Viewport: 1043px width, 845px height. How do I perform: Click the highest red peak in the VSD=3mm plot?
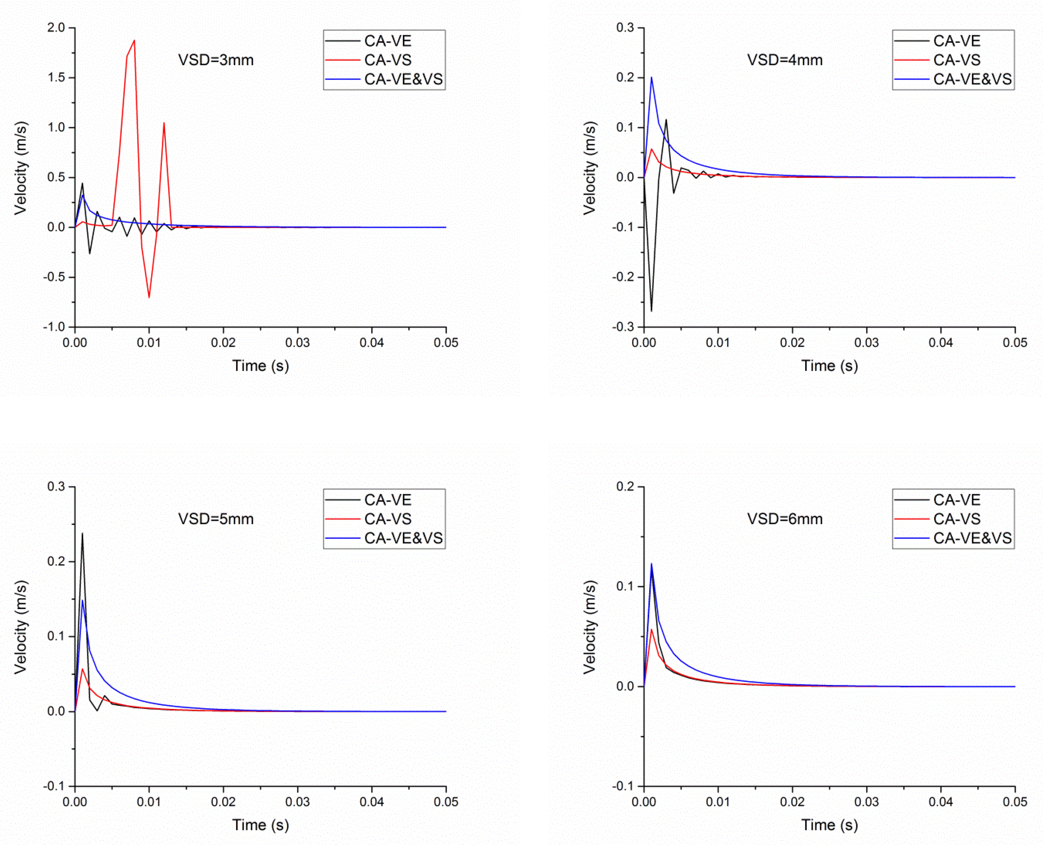134,41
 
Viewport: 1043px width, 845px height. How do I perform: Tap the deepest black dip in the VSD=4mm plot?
651,310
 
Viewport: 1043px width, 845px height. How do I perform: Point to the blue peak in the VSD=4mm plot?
651,77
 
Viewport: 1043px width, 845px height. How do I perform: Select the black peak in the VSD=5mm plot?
82,533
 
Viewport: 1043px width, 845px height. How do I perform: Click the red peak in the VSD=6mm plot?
651,630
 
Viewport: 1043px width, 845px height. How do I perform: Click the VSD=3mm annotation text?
216,60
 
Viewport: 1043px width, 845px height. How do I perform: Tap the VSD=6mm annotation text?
785,519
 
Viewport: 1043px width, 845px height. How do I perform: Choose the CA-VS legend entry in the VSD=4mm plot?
956,60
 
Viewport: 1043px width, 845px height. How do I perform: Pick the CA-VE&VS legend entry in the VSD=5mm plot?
403,538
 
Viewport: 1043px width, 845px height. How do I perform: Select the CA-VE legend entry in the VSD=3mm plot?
388,41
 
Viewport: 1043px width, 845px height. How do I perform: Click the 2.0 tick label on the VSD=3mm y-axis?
56,28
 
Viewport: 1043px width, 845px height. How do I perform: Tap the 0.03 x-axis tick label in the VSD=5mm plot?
297,802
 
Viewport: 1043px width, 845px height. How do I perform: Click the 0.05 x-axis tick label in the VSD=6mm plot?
1015,802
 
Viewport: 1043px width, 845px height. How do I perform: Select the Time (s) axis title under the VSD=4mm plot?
830,365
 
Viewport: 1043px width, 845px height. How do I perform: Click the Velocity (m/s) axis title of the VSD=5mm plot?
20,627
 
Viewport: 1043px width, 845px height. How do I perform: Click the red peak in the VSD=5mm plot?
82,669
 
